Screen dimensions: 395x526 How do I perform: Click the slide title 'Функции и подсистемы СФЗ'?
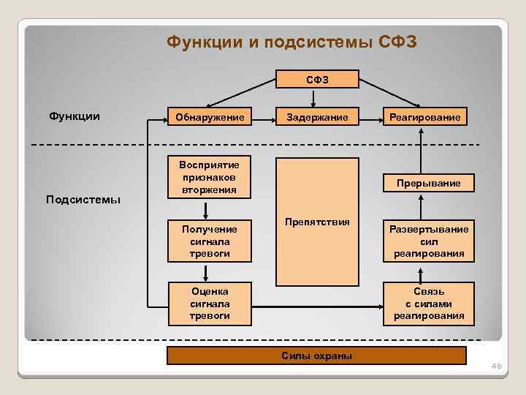point(291,42)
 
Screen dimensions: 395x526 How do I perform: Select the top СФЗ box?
point(316,79)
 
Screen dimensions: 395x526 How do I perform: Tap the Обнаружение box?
point(210,118)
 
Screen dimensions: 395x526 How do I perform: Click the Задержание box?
point(316,118)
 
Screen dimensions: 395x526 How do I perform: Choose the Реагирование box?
point(424,118)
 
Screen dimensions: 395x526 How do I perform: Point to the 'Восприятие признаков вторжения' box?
point(210,177)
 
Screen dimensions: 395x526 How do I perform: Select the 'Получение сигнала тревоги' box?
point(210,241)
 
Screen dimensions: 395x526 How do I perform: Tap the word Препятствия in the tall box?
point(317,222)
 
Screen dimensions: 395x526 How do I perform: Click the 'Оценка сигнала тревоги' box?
point(210,304)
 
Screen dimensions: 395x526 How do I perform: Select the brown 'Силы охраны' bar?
point(316,355)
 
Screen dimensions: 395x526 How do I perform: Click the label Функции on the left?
point(75,116)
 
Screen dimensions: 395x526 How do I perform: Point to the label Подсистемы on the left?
point(83,200)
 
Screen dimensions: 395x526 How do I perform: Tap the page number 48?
point(498,366)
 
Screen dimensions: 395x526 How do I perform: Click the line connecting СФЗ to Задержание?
point(316,98)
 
